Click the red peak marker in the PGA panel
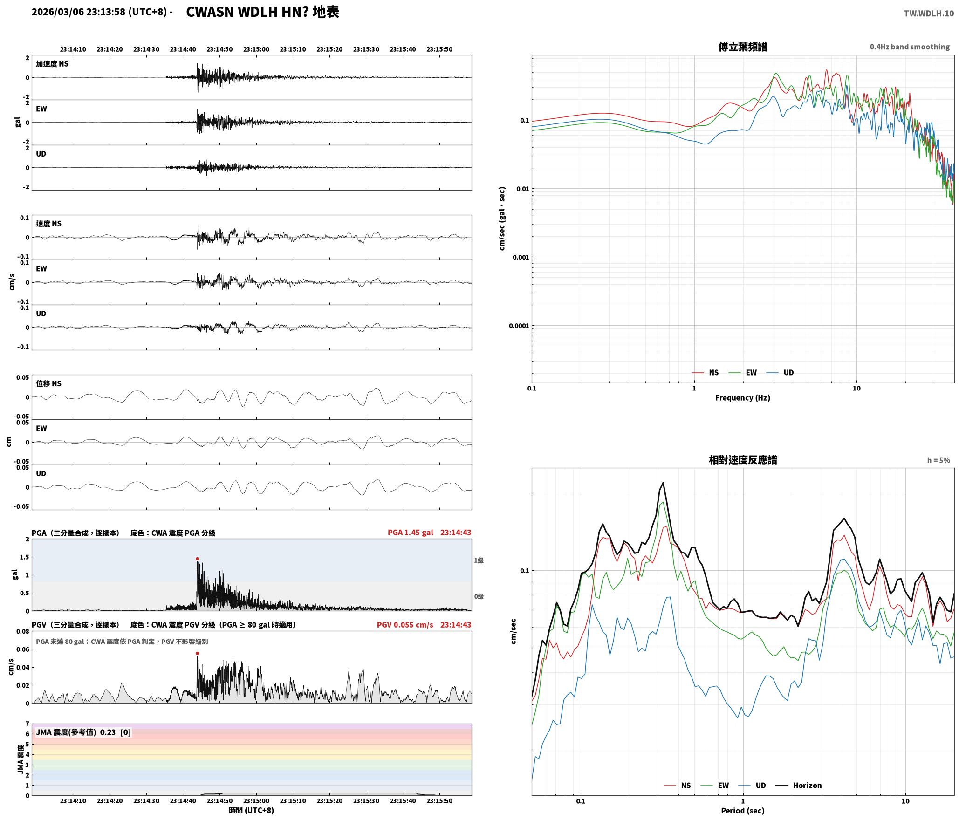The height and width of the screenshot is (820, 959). click(197, 559)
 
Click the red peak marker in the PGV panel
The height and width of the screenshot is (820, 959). click(197, 653)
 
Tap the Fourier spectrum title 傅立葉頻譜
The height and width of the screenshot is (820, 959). click(743, 47)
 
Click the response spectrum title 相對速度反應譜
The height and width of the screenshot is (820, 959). click(743, 459)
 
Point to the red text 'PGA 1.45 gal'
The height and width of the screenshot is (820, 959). click(410, 532)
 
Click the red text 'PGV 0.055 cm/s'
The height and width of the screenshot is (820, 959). click(405, 624)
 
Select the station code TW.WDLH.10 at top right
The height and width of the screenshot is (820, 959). click(929, 14)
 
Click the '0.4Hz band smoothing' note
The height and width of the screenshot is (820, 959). click(910, 47)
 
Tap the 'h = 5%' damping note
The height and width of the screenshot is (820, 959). click(938, 460)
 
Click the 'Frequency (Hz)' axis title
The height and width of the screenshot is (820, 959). click(743, 397)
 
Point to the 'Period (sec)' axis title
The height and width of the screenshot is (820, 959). click(743, 810)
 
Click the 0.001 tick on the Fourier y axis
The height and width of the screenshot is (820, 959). click(519, 257)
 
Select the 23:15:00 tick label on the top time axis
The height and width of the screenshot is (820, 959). click(256, 49)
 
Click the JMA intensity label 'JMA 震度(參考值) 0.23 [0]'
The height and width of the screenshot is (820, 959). click(83, 732)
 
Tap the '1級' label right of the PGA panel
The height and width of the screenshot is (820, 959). click(479, 560)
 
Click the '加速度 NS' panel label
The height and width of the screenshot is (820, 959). click(52, 64)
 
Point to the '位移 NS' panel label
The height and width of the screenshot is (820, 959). click(48, 383)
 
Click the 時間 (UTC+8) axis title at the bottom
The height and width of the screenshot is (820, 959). click(251, 810)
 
